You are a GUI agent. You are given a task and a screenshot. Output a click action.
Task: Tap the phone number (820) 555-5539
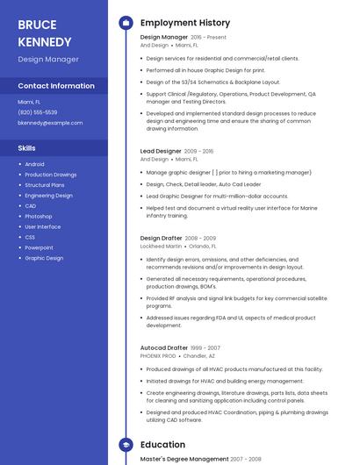pos(38,112)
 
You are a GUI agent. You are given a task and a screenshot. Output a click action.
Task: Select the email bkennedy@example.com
pos(50,123)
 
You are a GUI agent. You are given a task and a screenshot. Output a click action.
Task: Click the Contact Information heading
pos(56,86)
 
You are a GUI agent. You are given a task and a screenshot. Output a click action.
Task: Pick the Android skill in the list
pos(34,164)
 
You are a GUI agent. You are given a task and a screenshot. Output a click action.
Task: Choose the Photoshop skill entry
pos(39,216)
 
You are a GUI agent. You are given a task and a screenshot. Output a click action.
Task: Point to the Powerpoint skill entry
pos(40,247)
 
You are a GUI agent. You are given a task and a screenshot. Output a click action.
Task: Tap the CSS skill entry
pos(30,237)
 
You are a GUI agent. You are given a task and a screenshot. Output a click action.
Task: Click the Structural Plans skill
pos(45,185)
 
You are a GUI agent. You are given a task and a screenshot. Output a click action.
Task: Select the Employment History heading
pos(185,23)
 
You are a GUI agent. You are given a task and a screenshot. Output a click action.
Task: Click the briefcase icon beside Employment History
pos(126,23)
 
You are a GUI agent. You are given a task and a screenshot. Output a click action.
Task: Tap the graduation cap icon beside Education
pos(126,445)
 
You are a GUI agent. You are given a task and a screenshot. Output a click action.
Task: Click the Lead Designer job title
pos(161,151)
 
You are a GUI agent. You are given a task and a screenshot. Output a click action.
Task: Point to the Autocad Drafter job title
pos(164,348)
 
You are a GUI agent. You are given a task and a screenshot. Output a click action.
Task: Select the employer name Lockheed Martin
pos(161,247)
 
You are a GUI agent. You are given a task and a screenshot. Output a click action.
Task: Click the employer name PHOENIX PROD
pos(158,356)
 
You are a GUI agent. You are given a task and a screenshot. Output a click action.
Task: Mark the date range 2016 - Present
pos(208,38)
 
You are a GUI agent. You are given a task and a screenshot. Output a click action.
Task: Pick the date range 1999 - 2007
pos(205,348)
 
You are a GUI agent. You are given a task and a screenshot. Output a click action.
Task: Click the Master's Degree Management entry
pos(184,459)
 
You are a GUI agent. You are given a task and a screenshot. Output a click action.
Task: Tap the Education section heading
pos(162,445)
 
